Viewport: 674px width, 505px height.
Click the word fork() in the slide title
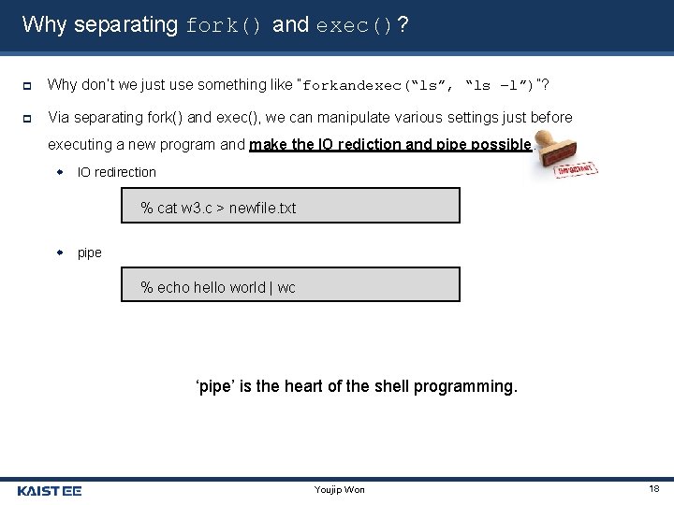(225, 25)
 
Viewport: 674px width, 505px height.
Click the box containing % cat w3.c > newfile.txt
(290, 207)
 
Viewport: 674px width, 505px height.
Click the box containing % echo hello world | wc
(290, 286)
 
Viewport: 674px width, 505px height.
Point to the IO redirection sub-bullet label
(116, 172)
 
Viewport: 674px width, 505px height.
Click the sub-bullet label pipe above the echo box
(90, 252)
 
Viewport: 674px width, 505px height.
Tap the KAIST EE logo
(50, 490)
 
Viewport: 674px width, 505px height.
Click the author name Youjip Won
(341, 490)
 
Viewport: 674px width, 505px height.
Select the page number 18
(652, 489)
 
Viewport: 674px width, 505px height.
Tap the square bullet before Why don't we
(28, 85)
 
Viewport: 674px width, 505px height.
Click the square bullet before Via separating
(28, 118)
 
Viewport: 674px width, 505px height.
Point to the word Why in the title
(44, 25)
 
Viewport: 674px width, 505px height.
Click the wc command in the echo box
(286, 287)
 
